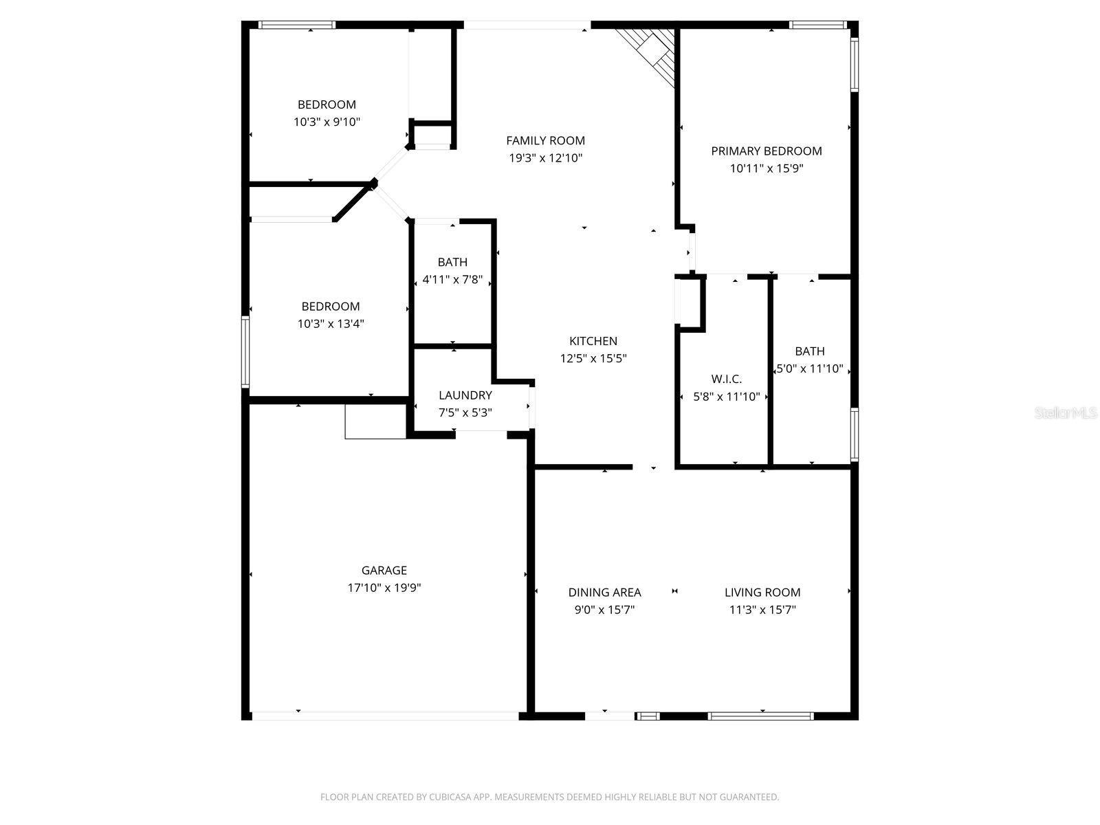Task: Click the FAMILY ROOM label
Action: [x=545, y=140]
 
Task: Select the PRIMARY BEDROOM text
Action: [x=766, y=151]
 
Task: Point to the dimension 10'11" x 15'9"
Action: [x=766, y=168]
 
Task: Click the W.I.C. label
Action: [x=726, y=379]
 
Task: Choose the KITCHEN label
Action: [x=593, y=341]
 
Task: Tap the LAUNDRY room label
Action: [x=465, y=395]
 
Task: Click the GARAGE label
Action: [x=384, y=570]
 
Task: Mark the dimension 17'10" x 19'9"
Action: [x=384, y=588]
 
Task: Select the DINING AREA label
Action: [x=604, y=592]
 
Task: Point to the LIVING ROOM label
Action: [x=762, y=592]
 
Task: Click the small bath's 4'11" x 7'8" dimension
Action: [x=452, y=280]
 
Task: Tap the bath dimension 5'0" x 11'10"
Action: [x=809, y=369]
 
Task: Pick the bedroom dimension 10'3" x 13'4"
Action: [x=330, y=324]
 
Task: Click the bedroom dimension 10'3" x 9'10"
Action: [x=327, y=122]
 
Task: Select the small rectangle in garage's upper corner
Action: [x=375, y=421]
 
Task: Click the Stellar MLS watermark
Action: [x=1066, y=413]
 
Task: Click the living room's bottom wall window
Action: [x=760, y=716]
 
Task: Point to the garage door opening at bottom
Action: [x=385, y=716]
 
